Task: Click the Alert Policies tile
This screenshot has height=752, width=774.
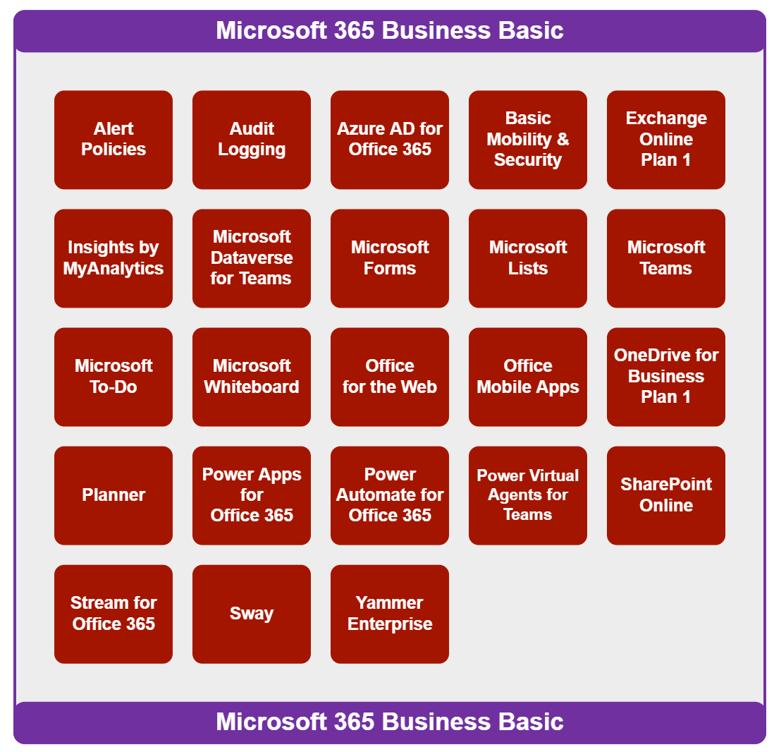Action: coord(113,140)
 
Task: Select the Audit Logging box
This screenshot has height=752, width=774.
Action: coord(252,140)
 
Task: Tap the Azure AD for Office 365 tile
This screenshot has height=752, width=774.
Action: coord(390,140)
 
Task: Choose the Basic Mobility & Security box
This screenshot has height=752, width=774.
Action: coord(528,140)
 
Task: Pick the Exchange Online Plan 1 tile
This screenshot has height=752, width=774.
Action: coord(666,140)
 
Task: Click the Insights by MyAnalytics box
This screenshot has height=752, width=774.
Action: coord(113,258)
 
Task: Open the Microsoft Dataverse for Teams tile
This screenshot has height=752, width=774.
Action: coord(252,258)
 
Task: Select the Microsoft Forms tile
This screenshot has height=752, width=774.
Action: coord(390,258)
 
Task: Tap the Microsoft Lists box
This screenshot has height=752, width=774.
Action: coord(528,258)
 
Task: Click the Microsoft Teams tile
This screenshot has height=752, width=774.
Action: coord(666,258)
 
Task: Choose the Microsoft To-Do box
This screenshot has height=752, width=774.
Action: coord(113,377)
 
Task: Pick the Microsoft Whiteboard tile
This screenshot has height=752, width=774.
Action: coord(252,377)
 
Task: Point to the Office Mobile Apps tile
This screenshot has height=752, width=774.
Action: coord(528,377)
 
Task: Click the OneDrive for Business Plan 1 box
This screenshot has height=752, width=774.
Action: coord(666,377)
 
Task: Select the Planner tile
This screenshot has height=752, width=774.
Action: coord(113,495)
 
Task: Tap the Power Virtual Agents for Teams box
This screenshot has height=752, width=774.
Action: coord(528,495)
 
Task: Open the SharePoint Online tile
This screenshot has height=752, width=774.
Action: coord(666,495)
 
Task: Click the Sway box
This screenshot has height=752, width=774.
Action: coord(252,614)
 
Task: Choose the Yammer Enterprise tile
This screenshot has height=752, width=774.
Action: coord(390,614)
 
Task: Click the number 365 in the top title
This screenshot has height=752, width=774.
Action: coord(353,31)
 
